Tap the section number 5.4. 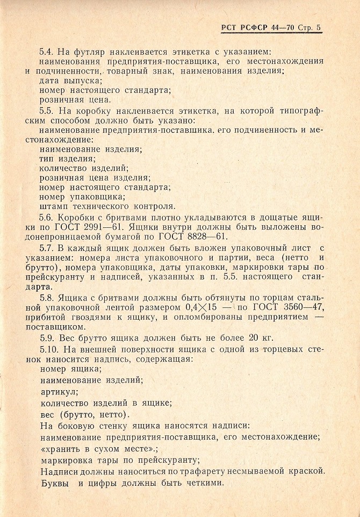[47, 52]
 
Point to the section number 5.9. [47, 338]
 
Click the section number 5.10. [49, 349]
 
